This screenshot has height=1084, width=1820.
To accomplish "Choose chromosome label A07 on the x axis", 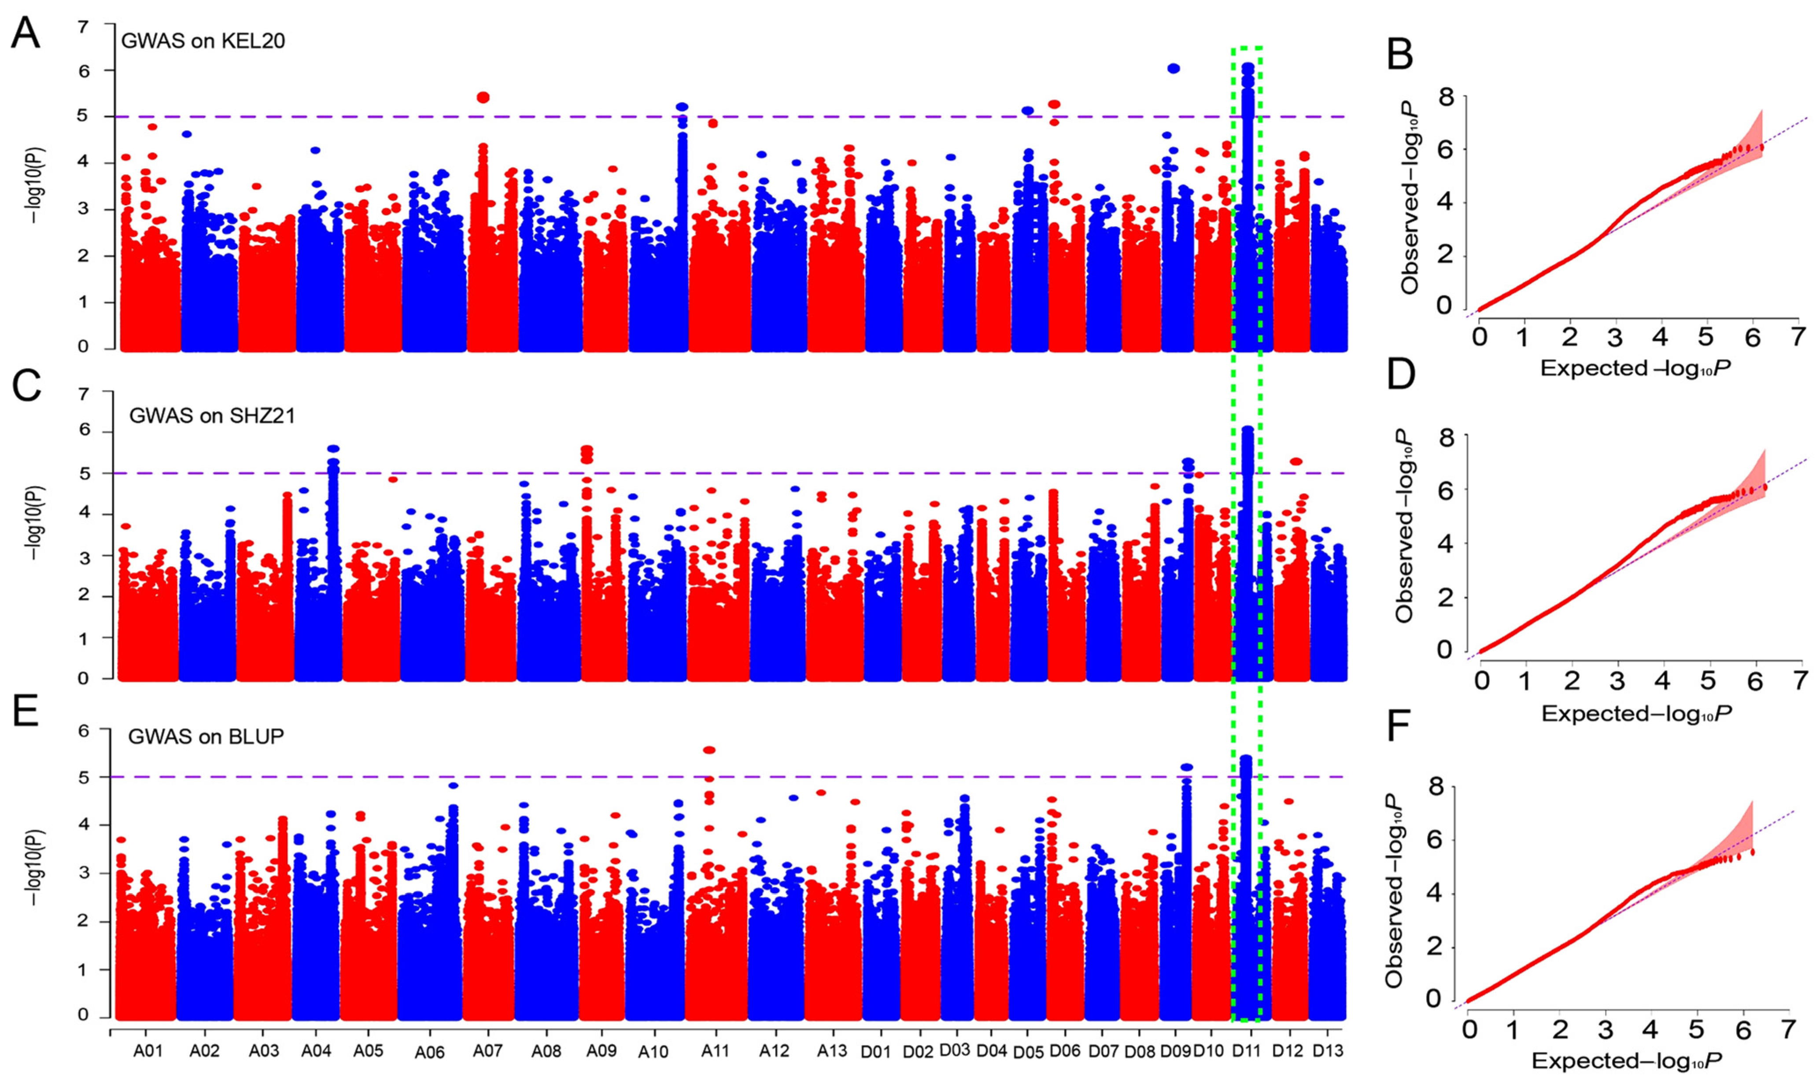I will coord(488,1051).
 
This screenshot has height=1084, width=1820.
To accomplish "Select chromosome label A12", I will coord(774,1051).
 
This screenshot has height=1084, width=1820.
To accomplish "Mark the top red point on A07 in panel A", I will coord(483,98).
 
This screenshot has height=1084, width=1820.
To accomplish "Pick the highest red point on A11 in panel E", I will coord(709,750).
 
